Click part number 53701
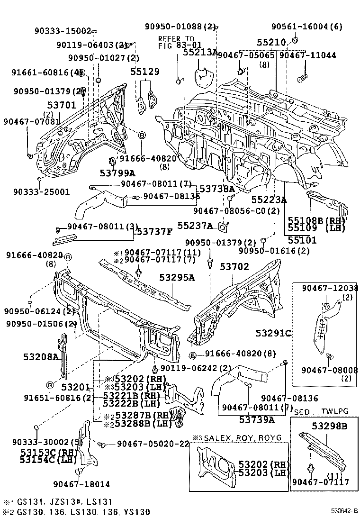61,105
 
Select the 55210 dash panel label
271,43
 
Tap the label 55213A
200,53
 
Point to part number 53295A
177,278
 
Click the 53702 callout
234,267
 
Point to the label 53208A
41,356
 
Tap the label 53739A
257,419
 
